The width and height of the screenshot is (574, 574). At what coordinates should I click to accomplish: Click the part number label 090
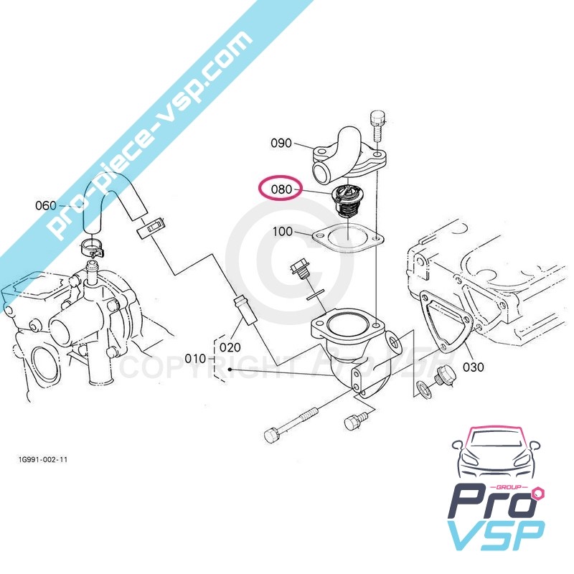[x=281, y=143]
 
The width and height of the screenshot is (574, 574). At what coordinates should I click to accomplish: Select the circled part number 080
[x=281, y=190]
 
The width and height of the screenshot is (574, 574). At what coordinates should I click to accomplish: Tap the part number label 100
[x=284, y=232]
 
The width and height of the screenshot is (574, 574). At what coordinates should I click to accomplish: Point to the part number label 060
[x=46, y=206]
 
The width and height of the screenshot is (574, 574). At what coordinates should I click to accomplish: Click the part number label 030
[x=474, y=367]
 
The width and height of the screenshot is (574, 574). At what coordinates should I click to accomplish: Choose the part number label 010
[x=196, y=358]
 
